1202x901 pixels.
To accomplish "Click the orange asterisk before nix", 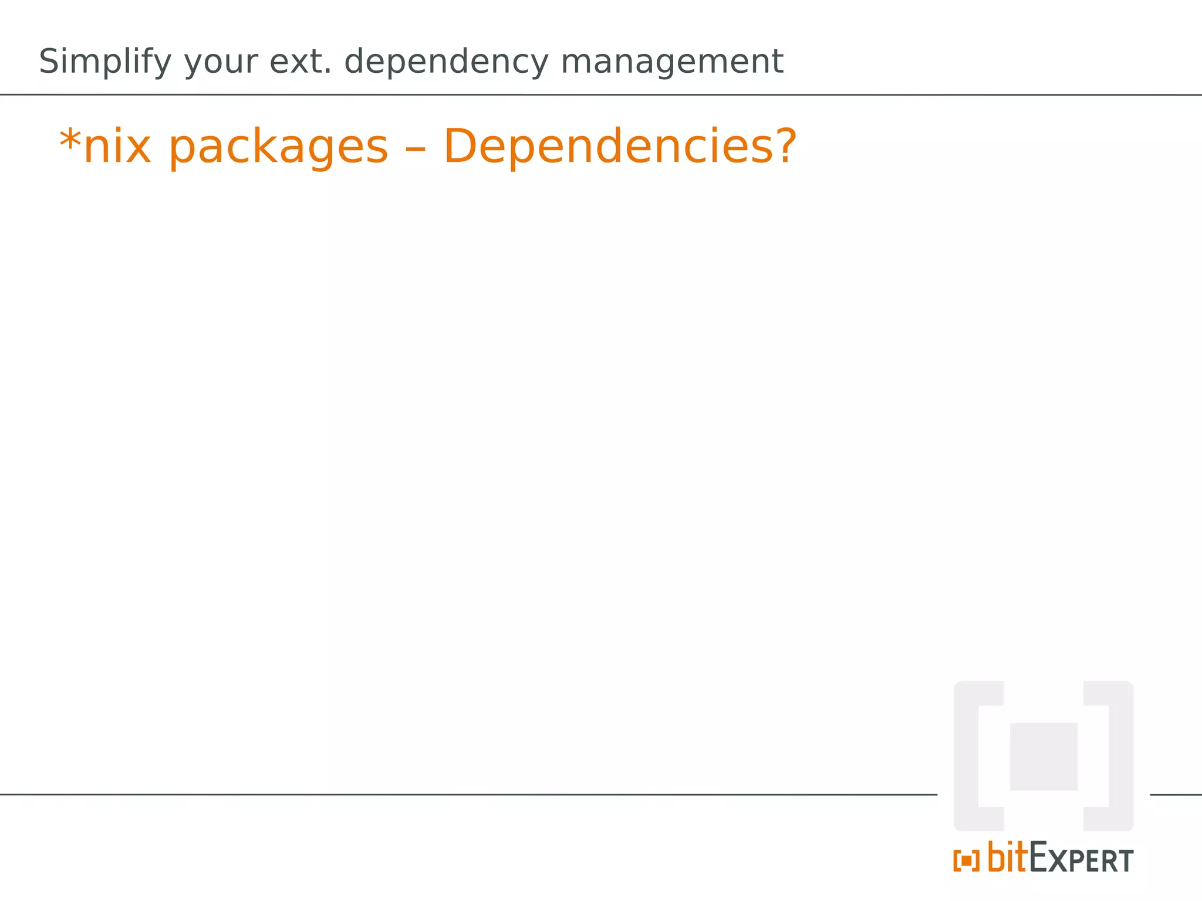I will (x=70, y=141).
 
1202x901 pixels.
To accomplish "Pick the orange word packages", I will (x=278, y=148).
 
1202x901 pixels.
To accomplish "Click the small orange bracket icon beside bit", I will (x=966, y=861).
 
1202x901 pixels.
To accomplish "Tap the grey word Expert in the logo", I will (x=1082, y=859).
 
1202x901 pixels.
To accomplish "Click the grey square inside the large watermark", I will (x=1044, y=756).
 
